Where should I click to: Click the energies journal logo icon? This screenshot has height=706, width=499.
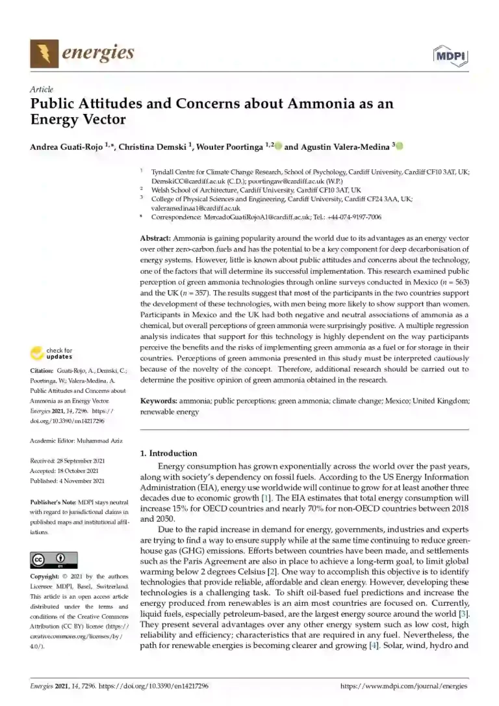pos(43,53)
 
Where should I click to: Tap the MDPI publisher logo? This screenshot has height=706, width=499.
pos(450,56)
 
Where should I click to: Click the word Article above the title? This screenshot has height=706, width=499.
pos(42,89)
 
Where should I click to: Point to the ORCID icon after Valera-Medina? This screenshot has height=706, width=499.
pos(399,147)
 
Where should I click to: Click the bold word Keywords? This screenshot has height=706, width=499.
pos(159,401)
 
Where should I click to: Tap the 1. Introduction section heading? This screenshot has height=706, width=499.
pos(168,453)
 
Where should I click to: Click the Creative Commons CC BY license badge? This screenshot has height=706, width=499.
pos(54,560)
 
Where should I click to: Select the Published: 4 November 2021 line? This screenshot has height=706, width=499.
pos(68,481)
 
